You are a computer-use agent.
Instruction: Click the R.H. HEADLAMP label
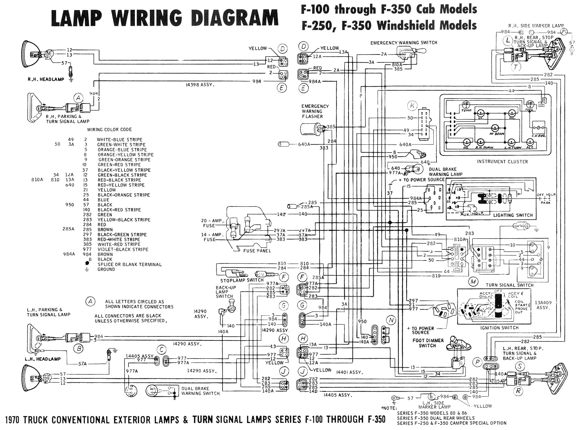(x=46, y=79)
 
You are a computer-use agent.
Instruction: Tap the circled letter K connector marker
(x=413, y=106)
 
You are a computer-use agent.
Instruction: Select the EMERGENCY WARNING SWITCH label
(x=404, y=43)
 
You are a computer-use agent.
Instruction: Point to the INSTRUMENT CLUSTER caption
(x=502, y=162)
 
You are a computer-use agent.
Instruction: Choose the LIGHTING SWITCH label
(x=513, y=215)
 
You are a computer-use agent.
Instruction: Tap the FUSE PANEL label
(x=257, y=251)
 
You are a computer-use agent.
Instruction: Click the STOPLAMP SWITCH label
(x=242, y=280)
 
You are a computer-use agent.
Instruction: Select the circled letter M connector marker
(x=473, y=282)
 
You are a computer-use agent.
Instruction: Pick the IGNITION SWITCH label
(x=500, y=328)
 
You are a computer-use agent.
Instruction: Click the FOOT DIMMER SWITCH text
(x=428, y=343)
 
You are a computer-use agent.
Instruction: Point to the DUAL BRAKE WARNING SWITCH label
(x=200, y=391)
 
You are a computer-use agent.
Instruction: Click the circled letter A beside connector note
(x=91, y=301)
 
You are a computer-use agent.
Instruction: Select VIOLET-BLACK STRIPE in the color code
(x=123, y=249)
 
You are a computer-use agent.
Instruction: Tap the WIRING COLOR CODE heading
(x=109, y=129)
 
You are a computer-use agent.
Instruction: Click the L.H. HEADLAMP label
(x=43, y=359)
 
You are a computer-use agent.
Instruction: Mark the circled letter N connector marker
(x=391, y=320)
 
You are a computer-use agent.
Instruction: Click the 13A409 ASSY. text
(x=543, y=305)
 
